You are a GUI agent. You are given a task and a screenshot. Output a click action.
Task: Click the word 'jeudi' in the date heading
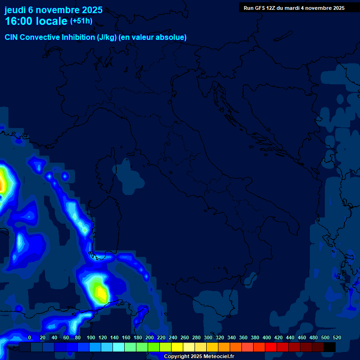[x=15, y=10]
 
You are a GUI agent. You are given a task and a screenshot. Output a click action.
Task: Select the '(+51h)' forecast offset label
[x=81, y=21]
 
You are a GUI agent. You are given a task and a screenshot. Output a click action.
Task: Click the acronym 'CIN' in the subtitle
[x=12, y=37]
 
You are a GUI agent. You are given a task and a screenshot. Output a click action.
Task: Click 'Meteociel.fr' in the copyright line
[x=215, y=357]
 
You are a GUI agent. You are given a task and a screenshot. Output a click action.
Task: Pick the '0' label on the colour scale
[x=30, y=337]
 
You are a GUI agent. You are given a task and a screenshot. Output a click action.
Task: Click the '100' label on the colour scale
[x=91, y=337]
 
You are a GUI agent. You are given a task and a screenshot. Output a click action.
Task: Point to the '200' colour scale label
[x=150, y=337]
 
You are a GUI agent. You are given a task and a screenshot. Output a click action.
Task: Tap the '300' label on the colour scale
[x=208, y=337]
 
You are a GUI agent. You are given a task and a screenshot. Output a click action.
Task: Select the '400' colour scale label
[x=267, y=337]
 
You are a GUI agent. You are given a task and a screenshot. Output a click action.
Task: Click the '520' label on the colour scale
[x=337, y=337]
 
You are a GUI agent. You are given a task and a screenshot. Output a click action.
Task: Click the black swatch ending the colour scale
[x=330, y=347]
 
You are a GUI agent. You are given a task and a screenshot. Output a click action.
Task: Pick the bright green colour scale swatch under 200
[x=154, y=347]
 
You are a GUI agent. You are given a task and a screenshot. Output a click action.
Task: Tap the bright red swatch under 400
[x=271, y=347]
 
